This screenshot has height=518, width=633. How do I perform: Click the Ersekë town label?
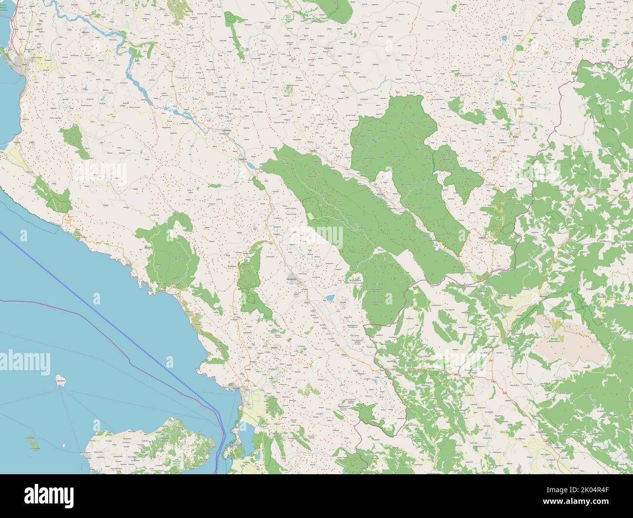tap(514, 138)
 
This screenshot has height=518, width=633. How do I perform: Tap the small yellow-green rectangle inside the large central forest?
tap(310, 215)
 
